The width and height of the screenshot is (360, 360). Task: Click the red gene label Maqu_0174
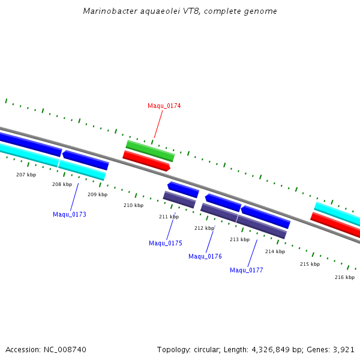click(164, 106)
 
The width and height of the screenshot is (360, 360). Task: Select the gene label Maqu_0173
click(69, 214)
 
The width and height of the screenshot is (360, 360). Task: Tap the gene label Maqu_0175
click(165, 243)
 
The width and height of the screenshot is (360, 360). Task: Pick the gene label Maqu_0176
click(205, 256)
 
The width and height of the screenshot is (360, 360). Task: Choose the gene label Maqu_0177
click(246, 270)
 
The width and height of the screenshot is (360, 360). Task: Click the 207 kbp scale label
click(26, 175)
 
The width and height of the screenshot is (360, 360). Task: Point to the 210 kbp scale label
click(133, 205)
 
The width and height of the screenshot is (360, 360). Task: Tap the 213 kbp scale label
click(239, 239)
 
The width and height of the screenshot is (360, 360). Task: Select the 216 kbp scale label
click(344, 277)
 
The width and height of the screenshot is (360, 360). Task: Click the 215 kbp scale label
click(310, 264)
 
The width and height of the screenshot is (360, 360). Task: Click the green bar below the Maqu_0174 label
click(150, 151)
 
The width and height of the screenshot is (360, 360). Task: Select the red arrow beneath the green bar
click(146, 160)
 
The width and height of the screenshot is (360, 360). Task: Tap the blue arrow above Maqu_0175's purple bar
click(183, 190)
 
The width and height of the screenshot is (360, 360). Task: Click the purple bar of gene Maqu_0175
click(179, 200)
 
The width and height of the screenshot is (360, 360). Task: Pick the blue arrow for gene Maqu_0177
click(265, 217)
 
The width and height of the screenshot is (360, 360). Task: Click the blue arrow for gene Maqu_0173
click(85, 160)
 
